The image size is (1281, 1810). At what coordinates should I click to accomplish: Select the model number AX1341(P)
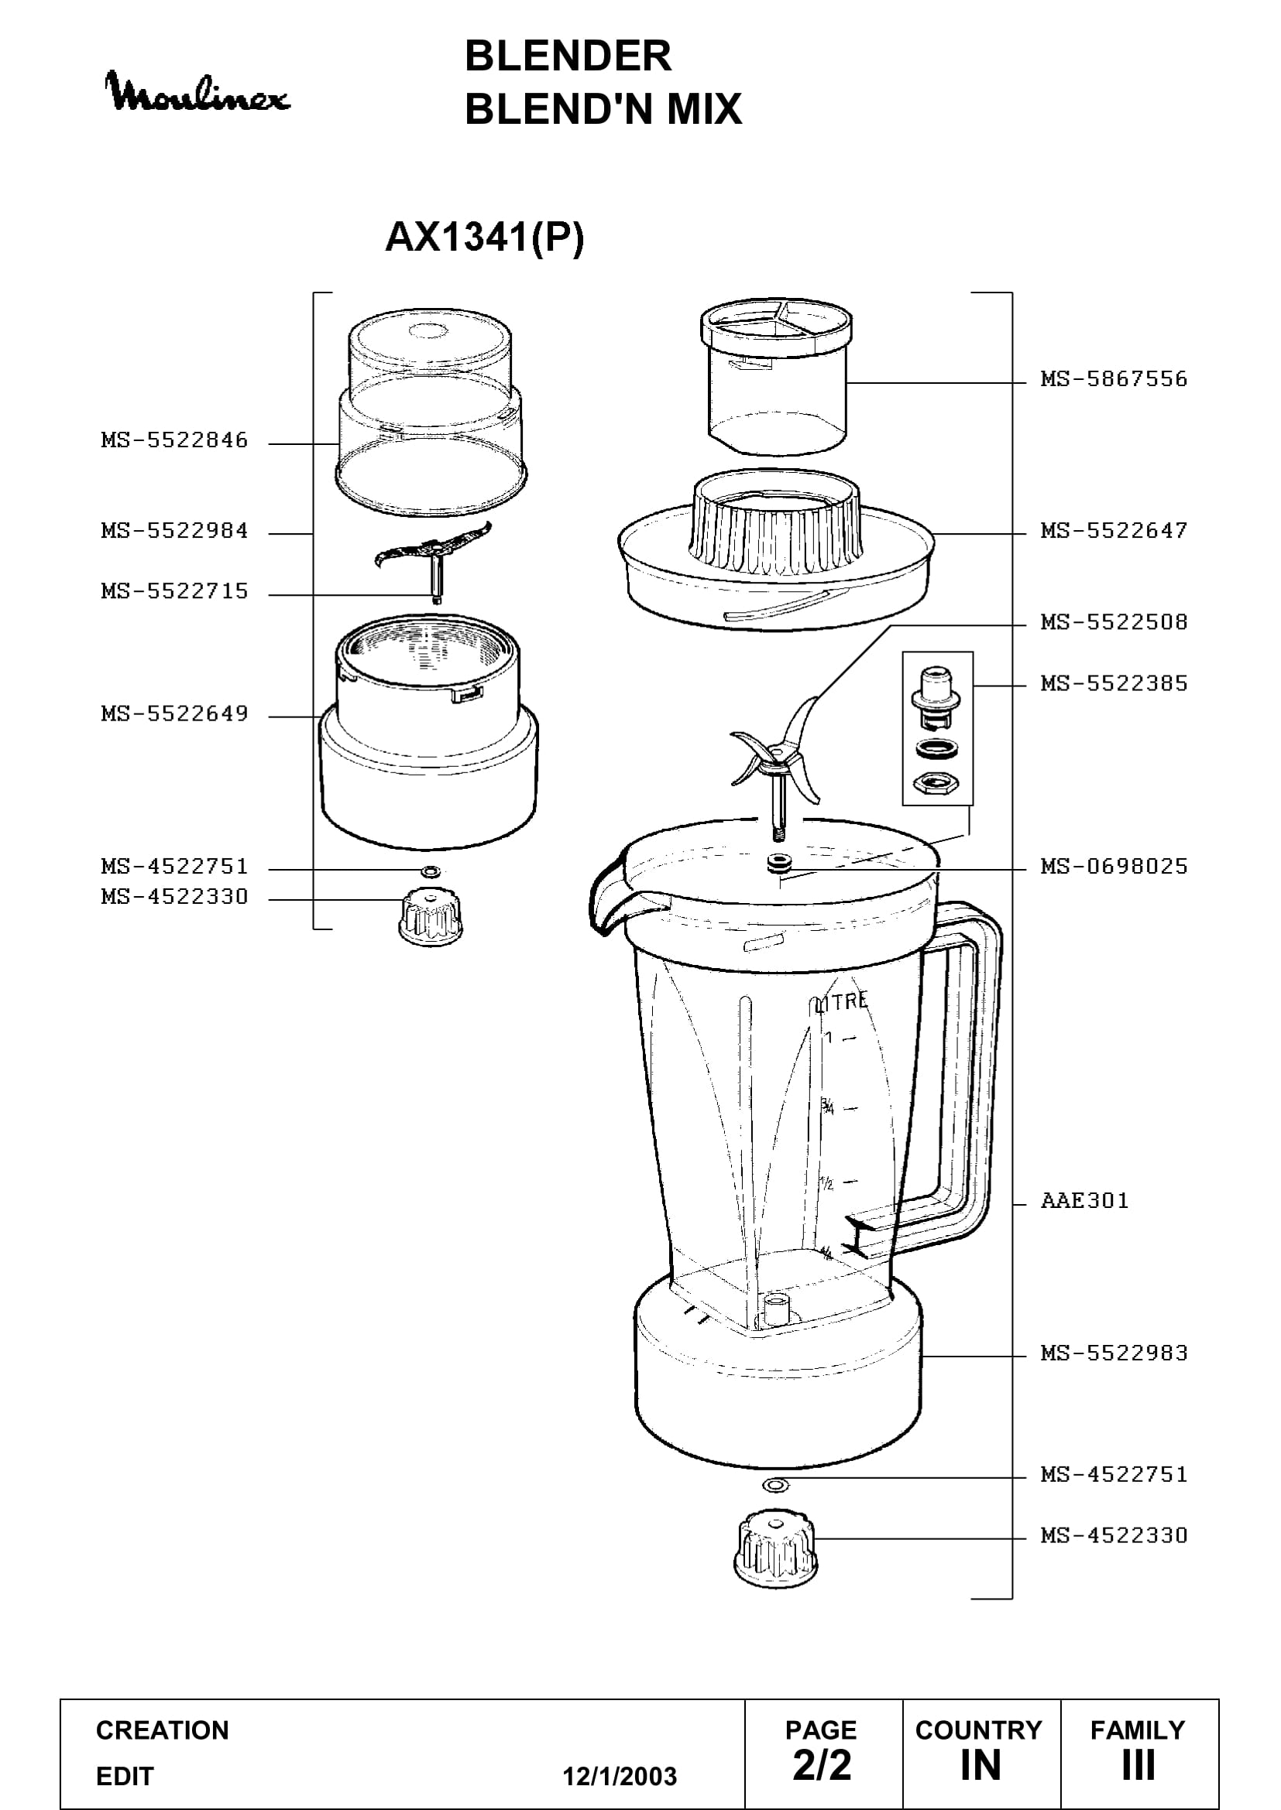pyautogui.click(x=484, y=238)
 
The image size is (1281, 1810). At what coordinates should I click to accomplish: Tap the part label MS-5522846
pyautogui.click(x=174, y=440)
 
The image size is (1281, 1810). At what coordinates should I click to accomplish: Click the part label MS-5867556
pyautogui.click(x=1114, y=379)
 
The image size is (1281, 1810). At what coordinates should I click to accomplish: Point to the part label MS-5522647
pyautogui.click(x=1114, y=531)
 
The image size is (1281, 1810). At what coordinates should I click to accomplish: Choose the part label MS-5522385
pyautogui.click(x=1114, y=683)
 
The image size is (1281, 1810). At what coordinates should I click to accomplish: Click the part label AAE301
pyautogui.click(x=1084, y=1201)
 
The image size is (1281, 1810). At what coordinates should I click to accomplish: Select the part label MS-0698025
pyautogui.click(x=1114, y=867)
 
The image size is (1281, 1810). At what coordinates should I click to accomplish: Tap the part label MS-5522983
pyautogui.click(x=1114, y=1353)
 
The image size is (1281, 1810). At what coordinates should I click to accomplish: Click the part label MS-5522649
pyautogui.click(x=174, y=713)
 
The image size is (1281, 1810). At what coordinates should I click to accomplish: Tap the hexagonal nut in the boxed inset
pyautogui.click(x=936, y=783)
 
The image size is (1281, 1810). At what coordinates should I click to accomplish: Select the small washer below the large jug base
pyautogui.click(x=776, y=1485)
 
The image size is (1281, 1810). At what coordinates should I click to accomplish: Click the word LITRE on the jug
pyautogui.click(x=841, y=1002)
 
